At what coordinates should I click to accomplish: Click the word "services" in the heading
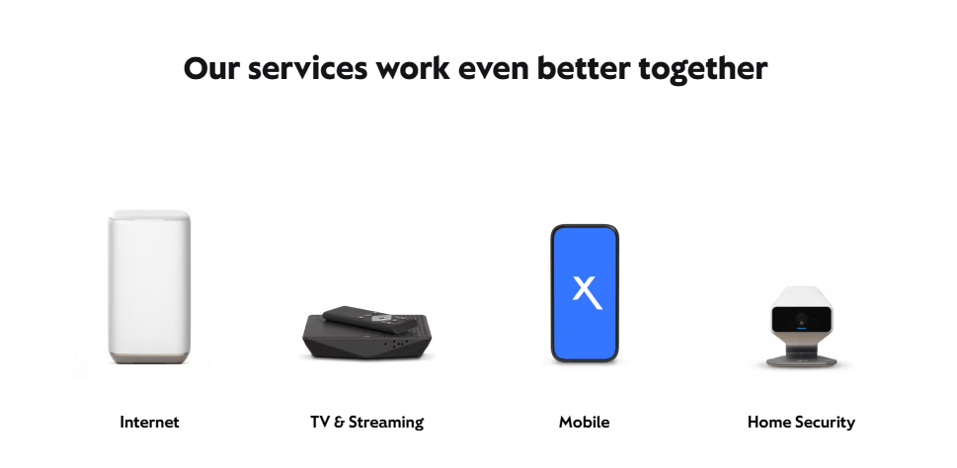tap(307, 68)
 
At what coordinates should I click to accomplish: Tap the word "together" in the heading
tap(702, 69)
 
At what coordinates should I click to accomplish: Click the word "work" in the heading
tap(413, 68)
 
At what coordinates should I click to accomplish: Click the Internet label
tap(149, 423)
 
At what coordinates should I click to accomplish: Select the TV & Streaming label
tap(366, 423)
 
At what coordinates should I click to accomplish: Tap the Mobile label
tap(584, 423)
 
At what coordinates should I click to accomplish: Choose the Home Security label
tap(801, 423)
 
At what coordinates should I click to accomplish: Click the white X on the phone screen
tap(587, 292)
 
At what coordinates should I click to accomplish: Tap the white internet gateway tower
tap(149, 286)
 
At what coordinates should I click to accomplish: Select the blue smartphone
tap(585, 293)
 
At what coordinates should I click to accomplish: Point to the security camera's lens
tap(801, 319)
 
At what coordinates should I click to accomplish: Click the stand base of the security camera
tap(801, 360)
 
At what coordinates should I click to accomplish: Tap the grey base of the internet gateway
tap(149, 358)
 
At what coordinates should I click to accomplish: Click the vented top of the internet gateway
tap(149, 214)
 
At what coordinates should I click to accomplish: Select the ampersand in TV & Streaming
tap(340, 423)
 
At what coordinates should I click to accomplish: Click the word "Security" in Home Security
tap(824, 423)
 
